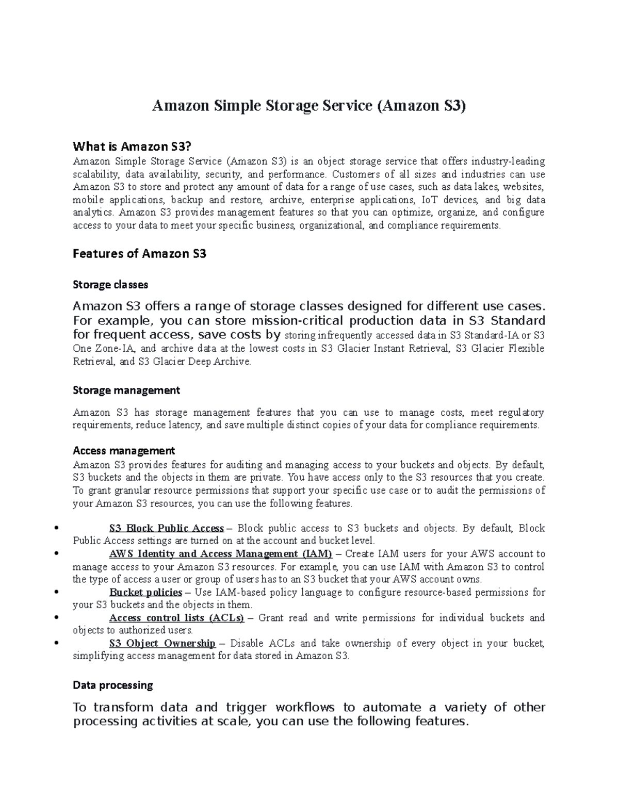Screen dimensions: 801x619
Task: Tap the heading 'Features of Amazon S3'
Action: [x=140, y=254]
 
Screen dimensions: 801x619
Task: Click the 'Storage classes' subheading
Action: [x=110, y=285]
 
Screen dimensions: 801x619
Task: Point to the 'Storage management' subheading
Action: [x=126, y=390]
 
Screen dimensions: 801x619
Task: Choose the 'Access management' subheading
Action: [x=124, y=451]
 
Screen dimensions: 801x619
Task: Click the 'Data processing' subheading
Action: [x=113, y=685]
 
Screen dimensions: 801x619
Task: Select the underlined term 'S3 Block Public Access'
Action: [x=166, y=528]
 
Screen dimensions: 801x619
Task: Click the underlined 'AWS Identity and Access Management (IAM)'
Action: [x=220, y=554]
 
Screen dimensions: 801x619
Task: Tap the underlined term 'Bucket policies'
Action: [x=145, y=592]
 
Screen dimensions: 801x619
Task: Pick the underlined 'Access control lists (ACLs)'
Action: [x=176, y=618]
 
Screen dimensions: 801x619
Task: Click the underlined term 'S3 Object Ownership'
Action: [x=162, y=644]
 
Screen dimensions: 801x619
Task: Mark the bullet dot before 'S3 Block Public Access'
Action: [x=55, y=528]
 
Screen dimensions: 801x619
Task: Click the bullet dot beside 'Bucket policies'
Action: [x=55, y=592]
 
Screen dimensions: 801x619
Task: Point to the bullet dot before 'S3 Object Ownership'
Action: [x=55, y=644]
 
